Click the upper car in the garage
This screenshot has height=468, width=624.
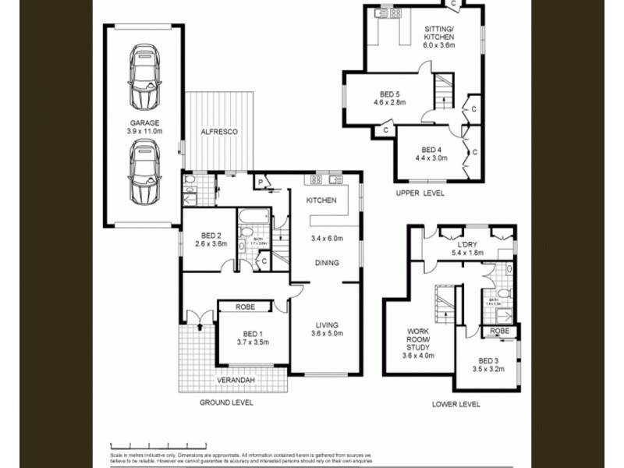click(x=146, y=76)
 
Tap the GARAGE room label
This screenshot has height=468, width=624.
click(x=145, y=123)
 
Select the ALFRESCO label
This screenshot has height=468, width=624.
click(x=219, y=132)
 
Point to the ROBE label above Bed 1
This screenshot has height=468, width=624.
click(x=244, y=307)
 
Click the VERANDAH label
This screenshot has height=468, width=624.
click(x=238, y=381)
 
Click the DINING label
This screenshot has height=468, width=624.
click(x=328, y=263)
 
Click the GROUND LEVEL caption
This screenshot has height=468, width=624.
click(x=225, y=403)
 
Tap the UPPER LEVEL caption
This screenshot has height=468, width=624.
click(x=420, y=193)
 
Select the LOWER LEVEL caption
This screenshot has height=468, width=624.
click(x=456, y=404)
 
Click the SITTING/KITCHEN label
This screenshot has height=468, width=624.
click(x=438, y=33)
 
